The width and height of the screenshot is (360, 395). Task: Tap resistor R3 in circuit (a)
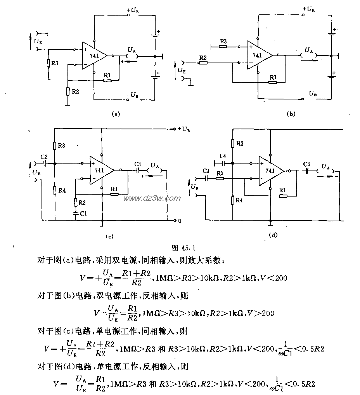coord(48,63)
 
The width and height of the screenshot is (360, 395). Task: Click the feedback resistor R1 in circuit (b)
coord(273,82)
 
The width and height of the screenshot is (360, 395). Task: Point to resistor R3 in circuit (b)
coord(223,46)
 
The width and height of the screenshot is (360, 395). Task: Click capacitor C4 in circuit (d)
coord(223,163)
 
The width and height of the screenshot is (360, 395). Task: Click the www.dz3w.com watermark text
coord(152,198)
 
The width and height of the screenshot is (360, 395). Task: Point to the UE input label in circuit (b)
coord(181,70)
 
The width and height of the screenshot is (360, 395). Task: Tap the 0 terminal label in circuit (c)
coord(179,221)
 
